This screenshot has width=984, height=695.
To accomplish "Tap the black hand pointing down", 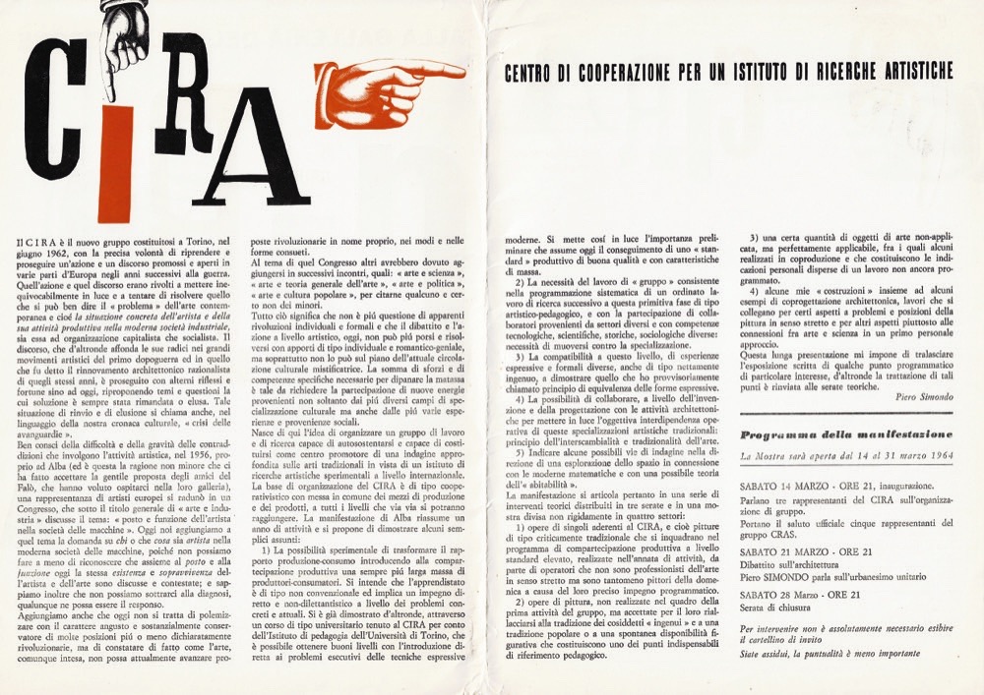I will (x=125, y=44).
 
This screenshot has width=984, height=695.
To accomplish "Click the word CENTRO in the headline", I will (x=532, y=73).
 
